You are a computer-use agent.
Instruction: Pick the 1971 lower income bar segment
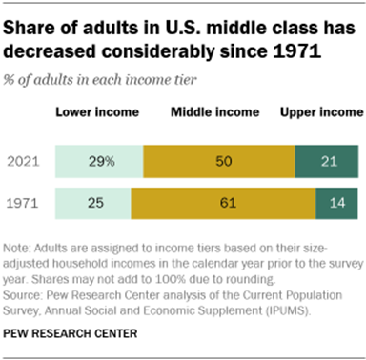pyautogui.click(x=91, y=202)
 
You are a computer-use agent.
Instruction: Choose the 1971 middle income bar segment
pyautogui.click(x=224, y=202)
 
